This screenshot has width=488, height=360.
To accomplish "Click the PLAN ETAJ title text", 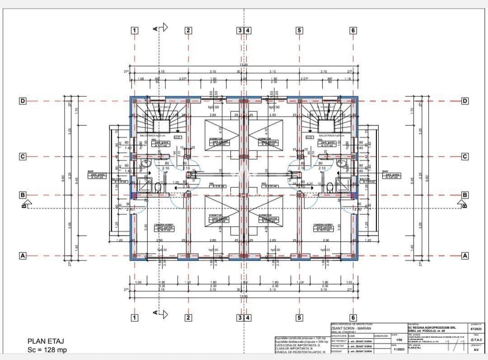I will tap(46, 341).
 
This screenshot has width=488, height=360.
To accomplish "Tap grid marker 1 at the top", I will tap(134, 30).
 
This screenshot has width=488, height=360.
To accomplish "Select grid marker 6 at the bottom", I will tap(353, 317).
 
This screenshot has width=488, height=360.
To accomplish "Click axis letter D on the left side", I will tap(22, 100).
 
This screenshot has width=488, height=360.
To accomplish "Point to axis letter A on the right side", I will tap(465, 256).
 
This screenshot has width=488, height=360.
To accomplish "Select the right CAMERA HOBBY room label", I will tap(324, 225).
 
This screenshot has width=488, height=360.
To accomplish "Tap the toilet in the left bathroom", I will tap(158, 186).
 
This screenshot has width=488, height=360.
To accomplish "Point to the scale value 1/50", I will tap(399, 340).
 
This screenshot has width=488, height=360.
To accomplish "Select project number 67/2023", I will tap(475, 329).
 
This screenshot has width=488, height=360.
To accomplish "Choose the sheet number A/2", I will tap(476, 350).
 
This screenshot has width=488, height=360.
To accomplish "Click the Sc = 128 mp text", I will tap(47, 350).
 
